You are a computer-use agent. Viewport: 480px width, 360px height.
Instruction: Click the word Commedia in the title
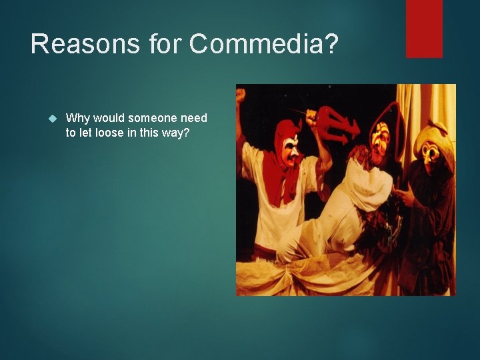coord(264,45)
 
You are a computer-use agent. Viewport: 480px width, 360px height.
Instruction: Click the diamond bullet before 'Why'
coord(54,119)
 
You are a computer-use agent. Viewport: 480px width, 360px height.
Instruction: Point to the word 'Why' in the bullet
coord(77,118)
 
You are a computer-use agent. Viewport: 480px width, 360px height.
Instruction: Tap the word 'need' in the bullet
coord(194,118)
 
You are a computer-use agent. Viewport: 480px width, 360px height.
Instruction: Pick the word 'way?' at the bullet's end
coord(175,132)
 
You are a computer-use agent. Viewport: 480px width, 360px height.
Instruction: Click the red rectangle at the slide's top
coord(424,28)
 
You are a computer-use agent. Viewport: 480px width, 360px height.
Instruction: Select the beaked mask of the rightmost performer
coord(431,155)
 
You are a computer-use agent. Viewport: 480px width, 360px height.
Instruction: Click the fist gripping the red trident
coord(311,119)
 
